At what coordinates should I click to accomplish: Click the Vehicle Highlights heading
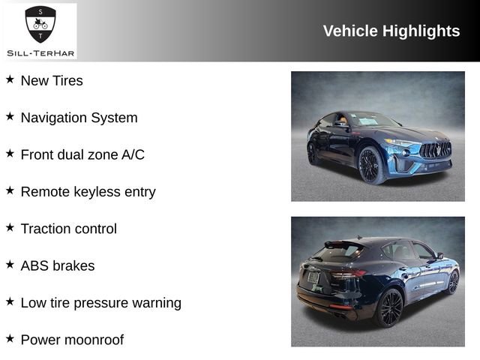391,31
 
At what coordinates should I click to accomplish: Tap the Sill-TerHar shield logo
40,24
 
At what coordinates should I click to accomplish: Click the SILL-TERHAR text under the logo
40,52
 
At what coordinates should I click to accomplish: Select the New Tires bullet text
52,80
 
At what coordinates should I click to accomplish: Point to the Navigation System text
79,118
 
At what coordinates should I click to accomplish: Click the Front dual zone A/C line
82,154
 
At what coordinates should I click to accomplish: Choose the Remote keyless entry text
88,191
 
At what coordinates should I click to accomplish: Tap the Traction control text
68,229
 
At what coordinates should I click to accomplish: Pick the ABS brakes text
58,265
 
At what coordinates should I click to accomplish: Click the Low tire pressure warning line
100,303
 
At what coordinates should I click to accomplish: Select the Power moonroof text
72,340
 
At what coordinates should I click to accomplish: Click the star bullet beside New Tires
10,79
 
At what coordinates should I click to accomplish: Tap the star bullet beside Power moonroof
10,338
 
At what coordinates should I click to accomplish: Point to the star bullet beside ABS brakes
10,264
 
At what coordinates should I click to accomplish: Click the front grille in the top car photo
435,149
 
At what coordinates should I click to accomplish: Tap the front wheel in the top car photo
370,164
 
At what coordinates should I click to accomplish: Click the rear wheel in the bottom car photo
390,307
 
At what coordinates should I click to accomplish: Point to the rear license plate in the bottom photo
313,277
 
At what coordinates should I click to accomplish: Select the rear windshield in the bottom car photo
337,252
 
